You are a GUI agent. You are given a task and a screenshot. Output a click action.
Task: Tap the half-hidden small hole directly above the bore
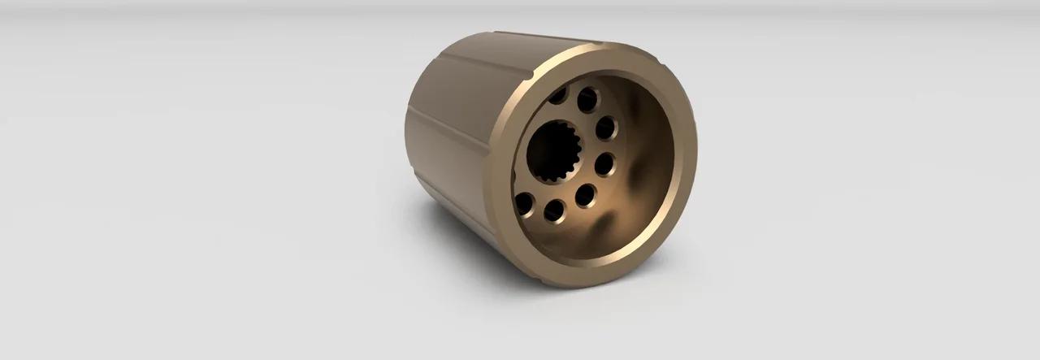[x=558, y=96]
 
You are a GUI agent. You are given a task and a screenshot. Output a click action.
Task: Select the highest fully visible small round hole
[x=587, y=100]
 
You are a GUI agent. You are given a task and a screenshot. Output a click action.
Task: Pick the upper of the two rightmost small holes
[x=606, y=128]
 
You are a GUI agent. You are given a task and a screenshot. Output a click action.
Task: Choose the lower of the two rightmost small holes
[x=604, y=165]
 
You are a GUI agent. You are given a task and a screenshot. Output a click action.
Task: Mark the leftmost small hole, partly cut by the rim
[x=523, y=204]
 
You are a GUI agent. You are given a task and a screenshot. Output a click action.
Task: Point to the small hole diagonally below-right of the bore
[x=585, y=196]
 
